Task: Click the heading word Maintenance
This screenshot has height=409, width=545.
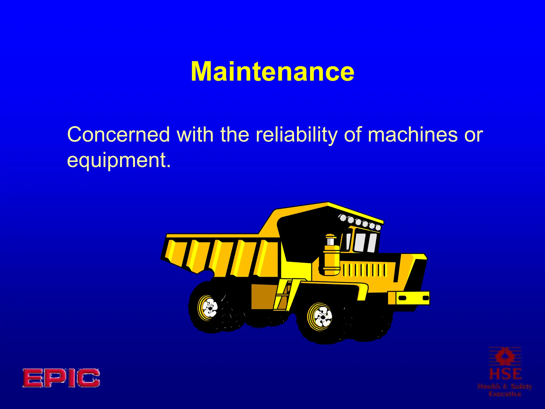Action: pyautogui.click(x=272, y=71)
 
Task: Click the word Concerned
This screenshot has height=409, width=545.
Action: pyautogui.click(x=118, y=134)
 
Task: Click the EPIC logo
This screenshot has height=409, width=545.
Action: pyautogui.click(x=61, y=378)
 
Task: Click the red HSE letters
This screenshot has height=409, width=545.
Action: pyautogui.click(x=505, y=374)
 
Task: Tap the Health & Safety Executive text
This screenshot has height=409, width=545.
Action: pyautogui.click(x=505, y=390)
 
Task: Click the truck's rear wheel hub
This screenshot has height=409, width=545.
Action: pyautogui.click(x=209, y=308)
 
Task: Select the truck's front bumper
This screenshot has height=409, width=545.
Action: pyautogui.click(x=409, y=298)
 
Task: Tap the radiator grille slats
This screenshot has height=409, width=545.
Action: pyautogui.click(x=365, y=270)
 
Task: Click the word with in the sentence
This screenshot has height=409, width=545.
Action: pyautogui.click(x=195, y=134)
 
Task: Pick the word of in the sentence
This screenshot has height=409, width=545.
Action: pyautogui.click(x=353, y=134)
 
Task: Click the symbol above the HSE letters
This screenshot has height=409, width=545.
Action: pyautogui.click(x=505, y=356)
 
